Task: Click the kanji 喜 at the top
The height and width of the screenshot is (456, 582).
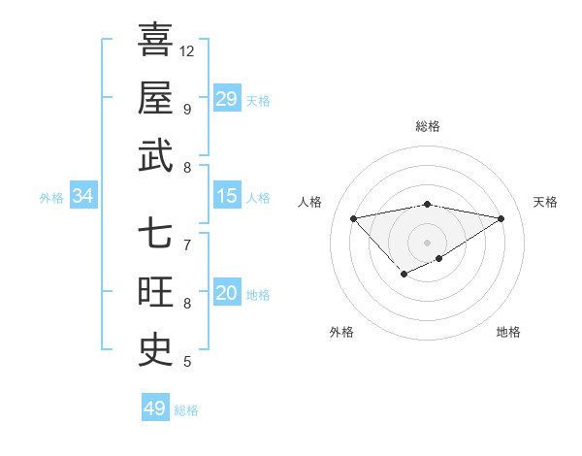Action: coord(155,40)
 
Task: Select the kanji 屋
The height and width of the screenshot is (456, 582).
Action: coord(155,98)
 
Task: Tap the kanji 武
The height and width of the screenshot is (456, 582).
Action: coord(155,156)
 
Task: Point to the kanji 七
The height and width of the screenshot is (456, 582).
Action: coord(155,235)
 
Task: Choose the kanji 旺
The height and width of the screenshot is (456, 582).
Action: coord(155,293)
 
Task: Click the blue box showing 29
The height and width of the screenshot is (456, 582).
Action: coord(227,98)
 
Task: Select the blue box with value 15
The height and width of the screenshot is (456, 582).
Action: coord(227,196)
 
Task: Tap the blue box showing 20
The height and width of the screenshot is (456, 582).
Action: coord(227,293)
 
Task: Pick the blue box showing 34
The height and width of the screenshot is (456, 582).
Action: coord(83,196)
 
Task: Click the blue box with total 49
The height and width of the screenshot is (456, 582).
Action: coord(155,408)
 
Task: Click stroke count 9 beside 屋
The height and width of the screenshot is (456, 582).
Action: coord(186,109)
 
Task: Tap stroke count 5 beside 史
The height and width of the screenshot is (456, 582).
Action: coord(186,363)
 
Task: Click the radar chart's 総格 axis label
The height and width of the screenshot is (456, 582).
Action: coord(428,126)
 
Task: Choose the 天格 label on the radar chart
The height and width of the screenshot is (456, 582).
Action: coord(546,202)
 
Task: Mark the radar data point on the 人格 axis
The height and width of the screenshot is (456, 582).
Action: coord(353,217)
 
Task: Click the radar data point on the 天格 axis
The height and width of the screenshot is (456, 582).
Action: coord(501,218)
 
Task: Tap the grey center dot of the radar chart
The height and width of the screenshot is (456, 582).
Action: coord(428,242)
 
